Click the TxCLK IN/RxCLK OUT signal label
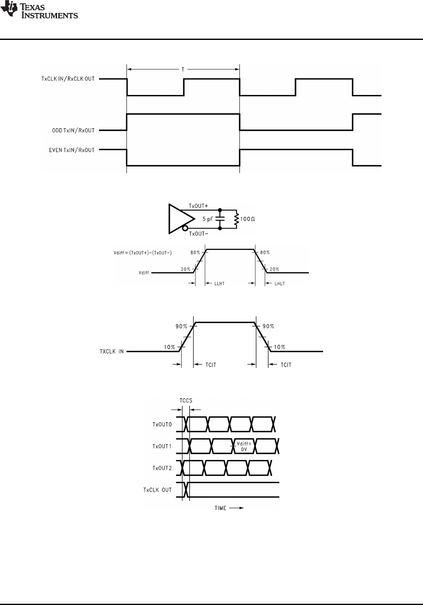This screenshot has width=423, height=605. [68, 79]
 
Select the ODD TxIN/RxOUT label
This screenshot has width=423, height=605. [70, 130]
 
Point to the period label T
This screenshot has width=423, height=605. [183, 69]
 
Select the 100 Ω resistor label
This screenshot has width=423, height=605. [248, 219]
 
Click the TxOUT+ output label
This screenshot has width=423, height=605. [198, 206]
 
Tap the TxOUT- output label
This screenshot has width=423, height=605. [198, 233]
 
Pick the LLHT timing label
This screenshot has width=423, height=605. [219, 284]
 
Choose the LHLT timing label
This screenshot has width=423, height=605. [279, 284]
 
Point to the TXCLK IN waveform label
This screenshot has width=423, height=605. [112, 351]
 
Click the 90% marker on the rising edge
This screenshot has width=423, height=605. [181, 326]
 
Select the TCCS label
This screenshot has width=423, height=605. [185, 400]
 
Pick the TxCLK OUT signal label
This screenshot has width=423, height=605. [157, 490]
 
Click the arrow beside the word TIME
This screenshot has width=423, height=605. [236, 508]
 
